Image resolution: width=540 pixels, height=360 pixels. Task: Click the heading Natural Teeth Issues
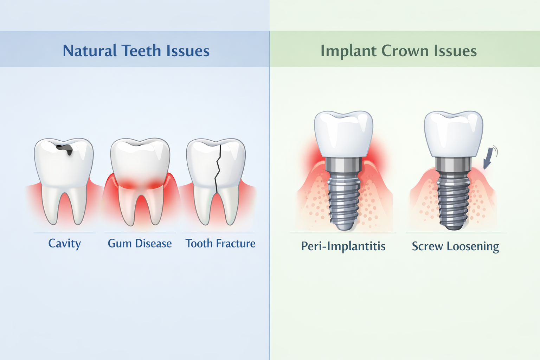pyautogui.click(x=136, y=51)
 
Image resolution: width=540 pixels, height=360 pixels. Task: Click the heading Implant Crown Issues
pyautogui.click(x=398, y=51)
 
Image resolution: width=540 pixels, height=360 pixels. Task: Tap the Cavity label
pyautogui.click(x=64, y=243)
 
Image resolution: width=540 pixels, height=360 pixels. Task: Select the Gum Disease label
pyautogui.click(x=140, y=243)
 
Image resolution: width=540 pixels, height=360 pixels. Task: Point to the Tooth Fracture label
pyautogui.click(x=220, y=243)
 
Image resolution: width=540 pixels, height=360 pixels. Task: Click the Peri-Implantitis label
pyautogui.click(x=343, y=246)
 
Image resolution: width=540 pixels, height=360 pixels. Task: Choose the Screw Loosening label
pyautogui.click(x=455, y=246)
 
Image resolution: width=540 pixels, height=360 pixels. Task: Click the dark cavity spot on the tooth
pyautogui.click(x=66, y=149)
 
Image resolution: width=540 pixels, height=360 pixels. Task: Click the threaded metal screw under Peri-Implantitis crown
pyautogui.click(x=343, y=200)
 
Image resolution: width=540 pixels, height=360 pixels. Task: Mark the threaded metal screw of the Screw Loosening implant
pyautogui.click(x=454, y=200)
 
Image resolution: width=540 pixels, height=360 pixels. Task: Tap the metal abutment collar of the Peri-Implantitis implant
pyautogui.click(x=343, y=164)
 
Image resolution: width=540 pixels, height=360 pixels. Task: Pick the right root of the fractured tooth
pyautogui.click(x=230, y=207)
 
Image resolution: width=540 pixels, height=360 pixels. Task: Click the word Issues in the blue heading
pyautogui.click(x=188, y=51)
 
